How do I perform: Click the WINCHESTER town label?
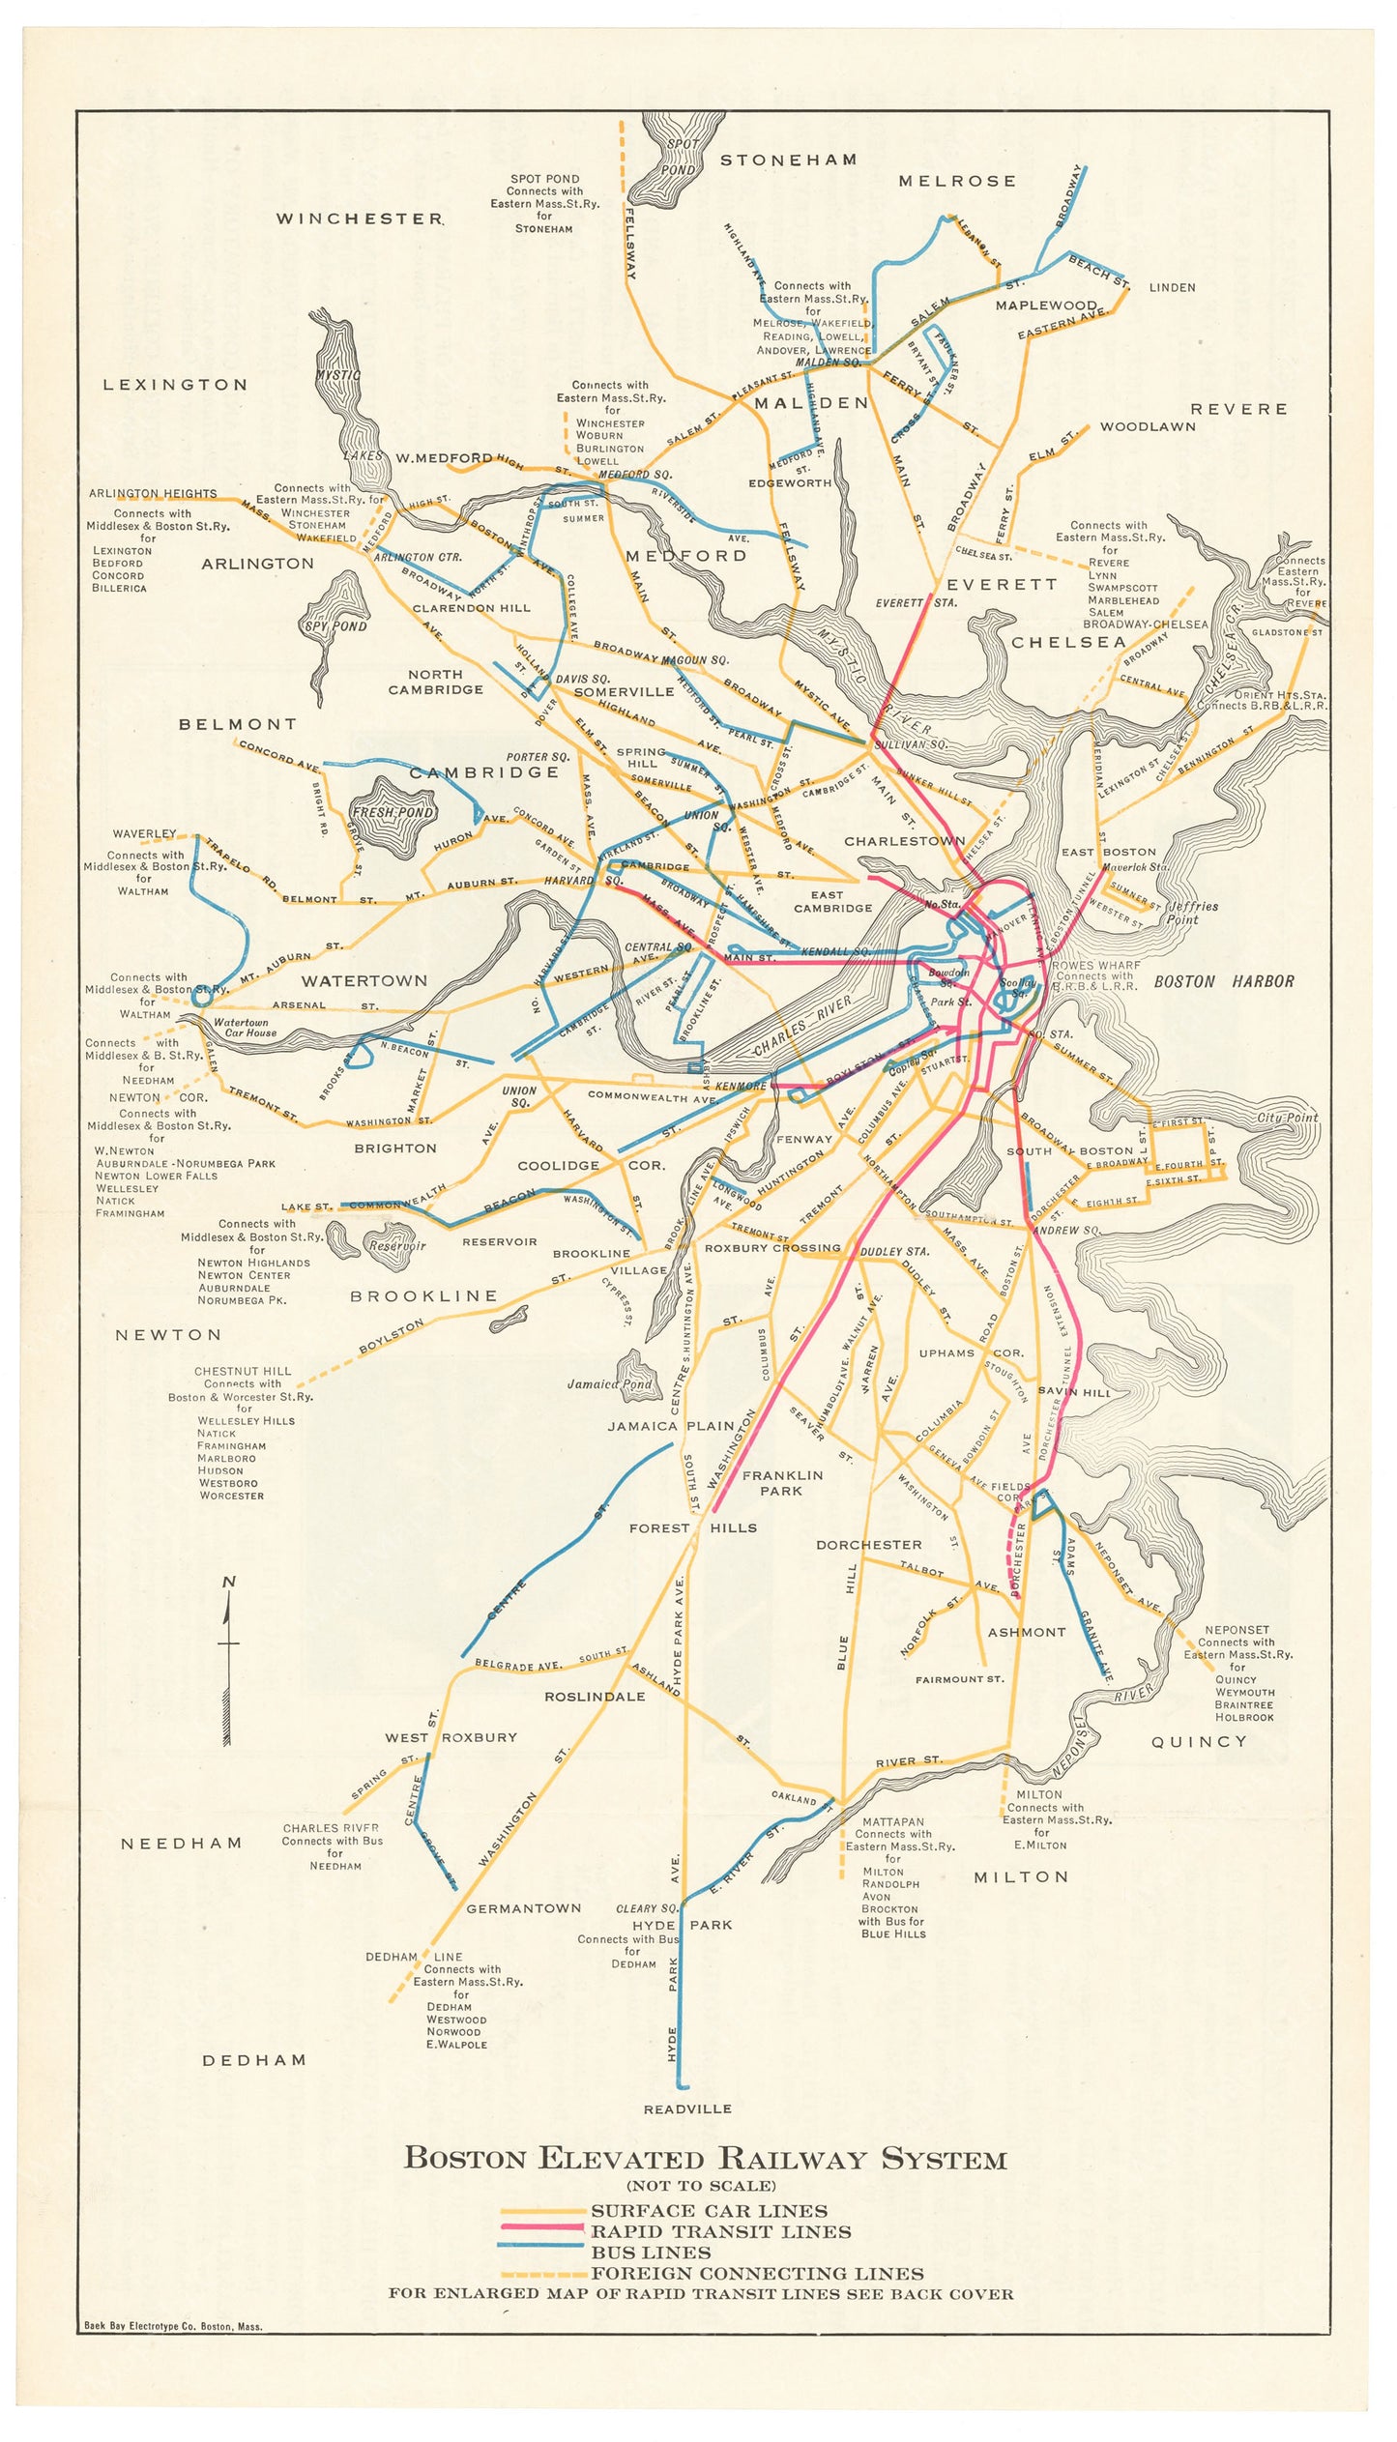click(x=360, y=218)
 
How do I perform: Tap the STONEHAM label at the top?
click(x=788, y=160)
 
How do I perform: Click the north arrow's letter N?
click(x=229, y=1582)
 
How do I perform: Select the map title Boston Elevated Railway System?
click(x=705, y=2159)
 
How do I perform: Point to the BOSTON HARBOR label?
click(x=1223, y=981)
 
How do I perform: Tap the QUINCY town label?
click(x=1199, y=1741)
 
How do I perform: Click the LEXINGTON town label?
click(x=176, y=385)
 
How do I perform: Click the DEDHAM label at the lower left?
click(x=253, y=2060)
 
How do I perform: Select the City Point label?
click(x=1287, y=1118)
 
